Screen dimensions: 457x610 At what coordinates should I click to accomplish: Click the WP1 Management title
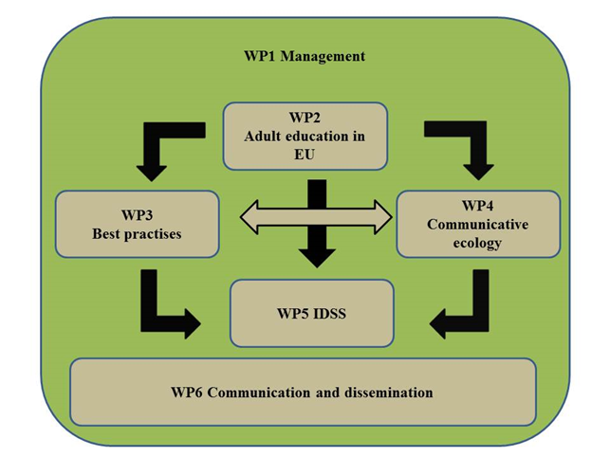tap(304, 56)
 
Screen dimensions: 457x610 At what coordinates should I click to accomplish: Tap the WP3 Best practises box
tap(137, 224)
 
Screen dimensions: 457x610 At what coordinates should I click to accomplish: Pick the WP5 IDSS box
tap(311, 312)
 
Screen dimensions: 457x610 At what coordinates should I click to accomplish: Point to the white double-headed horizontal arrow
tap(316, 217)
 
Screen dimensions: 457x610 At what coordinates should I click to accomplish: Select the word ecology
tap(477, 243)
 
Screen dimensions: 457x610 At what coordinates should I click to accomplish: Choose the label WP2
tap(305, 118)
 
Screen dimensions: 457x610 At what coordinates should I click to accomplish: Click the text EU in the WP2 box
tap(305, 154)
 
